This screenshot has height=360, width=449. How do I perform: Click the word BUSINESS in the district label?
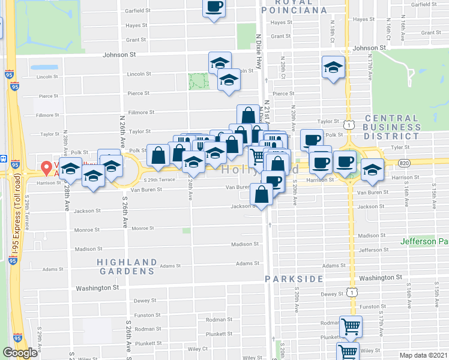coord(400,127)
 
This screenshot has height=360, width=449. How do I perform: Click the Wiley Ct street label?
coord(197,348)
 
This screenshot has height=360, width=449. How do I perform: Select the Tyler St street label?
coord(399,146)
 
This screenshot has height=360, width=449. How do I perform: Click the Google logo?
coord(20,353)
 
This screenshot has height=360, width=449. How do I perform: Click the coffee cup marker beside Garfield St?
coord(214,7)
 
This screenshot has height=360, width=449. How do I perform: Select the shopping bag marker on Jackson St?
coord(262,194)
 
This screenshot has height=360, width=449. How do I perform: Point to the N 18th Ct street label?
coord(333,29)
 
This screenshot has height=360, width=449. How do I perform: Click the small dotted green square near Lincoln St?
coord(199,81)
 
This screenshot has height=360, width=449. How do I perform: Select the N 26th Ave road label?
coord(122,126)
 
